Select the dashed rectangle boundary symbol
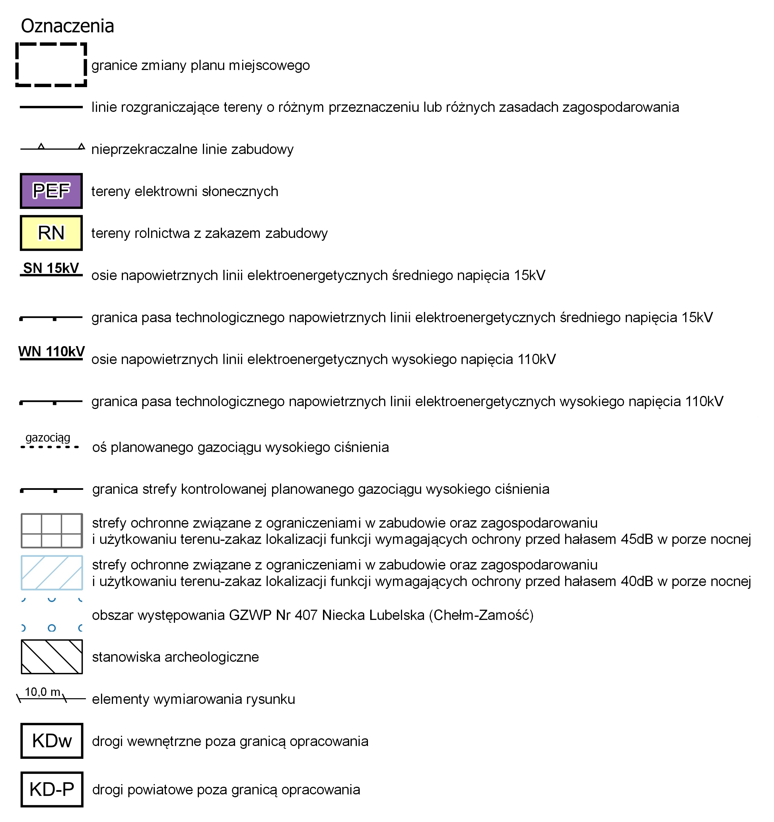(51, 65)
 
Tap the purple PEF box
(51, 191)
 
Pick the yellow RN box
(51, 233)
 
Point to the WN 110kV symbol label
(51, 352)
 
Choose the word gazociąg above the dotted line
(48, 437)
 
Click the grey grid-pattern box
(52, 531)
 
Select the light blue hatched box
(52, 573)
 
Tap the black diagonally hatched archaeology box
(52, 657)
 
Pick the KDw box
(52, 741)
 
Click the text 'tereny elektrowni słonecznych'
(184, 192)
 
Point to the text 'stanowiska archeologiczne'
(175, 657)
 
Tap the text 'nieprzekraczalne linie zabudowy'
(192, 149)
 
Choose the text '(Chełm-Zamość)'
(481, 615)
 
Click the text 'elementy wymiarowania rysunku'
(193, 699)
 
